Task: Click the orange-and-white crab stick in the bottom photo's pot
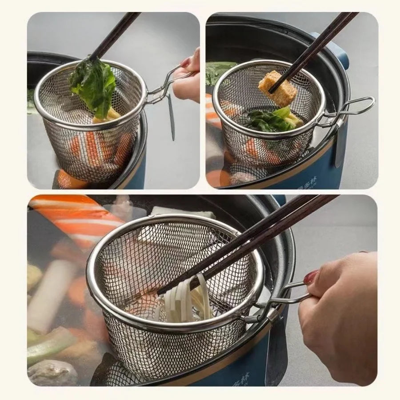click(x=76, y=218)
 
